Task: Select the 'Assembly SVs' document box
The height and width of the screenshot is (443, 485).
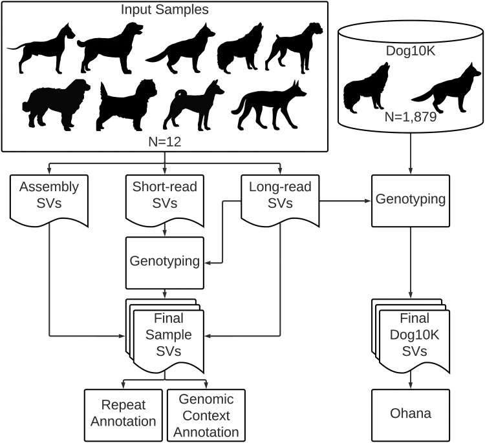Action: point(49,197)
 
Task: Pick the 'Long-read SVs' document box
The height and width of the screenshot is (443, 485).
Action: point(280,197)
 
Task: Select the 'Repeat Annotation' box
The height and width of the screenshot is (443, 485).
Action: point(122,413)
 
